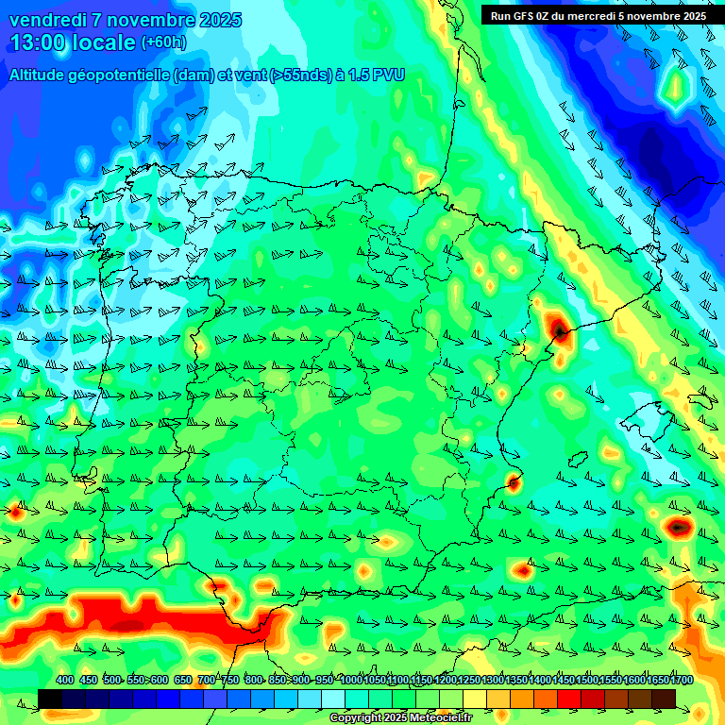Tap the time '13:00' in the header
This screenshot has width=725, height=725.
[x=39, y=42]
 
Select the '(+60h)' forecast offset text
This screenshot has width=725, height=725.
[x=163, y=42]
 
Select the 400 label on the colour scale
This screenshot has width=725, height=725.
[x=65, y=680]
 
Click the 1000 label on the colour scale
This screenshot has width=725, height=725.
[x=351, y=680]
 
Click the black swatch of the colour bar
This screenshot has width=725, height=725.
[x=50, y=699]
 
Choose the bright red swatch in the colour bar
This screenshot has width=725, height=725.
[x=569, y=699]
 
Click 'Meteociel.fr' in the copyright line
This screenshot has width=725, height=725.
[x=440, y=718]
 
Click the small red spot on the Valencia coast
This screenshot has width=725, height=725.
[x=514, y=483]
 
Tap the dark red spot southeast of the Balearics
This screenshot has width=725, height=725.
[x=678, y=527]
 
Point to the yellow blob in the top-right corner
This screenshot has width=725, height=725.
[x=676, y=88]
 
